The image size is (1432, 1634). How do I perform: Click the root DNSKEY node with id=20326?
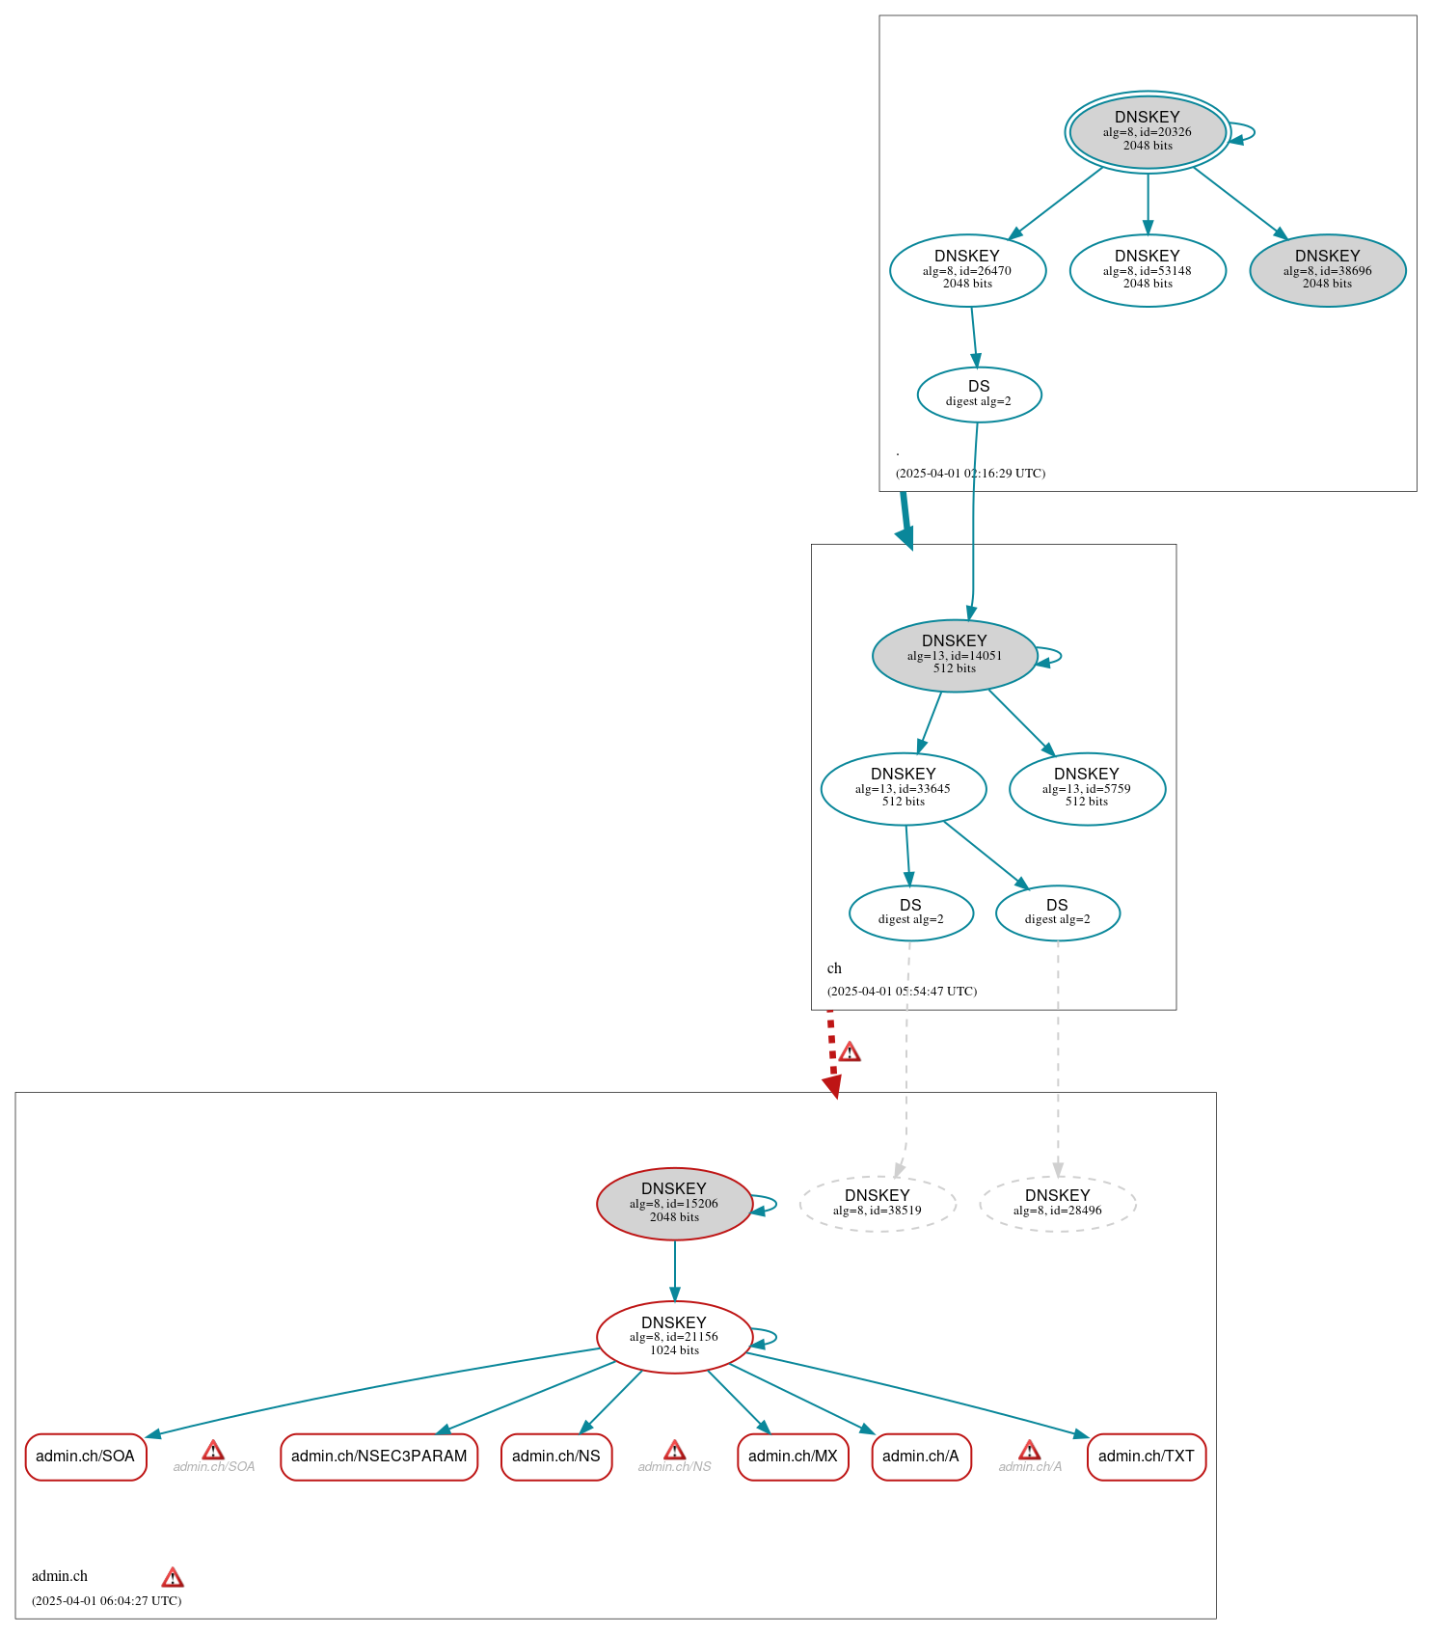point(1147,132)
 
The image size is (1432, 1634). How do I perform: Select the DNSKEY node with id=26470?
point(967,270)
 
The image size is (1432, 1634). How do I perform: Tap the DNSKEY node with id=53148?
point(1147,270)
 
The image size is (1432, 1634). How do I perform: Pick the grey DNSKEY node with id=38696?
point(1327,270)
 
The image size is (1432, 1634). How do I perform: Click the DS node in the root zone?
point(979,394)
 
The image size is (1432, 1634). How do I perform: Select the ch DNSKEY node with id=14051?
point(954,655)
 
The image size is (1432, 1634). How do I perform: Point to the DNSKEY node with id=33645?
point(903,788)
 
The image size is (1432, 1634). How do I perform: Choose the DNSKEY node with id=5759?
point(1087,788)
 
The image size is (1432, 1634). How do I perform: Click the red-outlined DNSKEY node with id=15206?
point(674,1203)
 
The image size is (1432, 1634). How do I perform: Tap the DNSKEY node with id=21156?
point(674,1336)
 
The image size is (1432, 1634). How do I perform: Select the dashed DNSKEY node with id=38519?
point(877,1203)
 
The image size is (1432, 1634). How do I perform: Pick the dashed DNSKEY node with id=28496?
point(1057,1203)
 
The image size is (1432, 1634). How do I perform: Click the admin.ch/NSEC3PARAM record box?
point(379,1456)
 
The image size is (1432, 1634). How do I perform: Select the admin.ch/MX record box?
point(793,1456)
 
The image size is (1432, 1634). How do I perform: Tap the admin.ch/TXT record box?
point(1146,1456)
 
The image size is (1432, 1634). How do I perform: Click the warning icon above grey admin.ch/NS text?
point(674,1450)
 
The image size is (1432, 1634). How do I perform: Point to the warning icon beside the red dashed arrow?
point(849,1051)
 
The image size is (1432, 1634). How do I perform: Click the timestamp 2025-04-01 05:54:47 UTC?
point(902,991)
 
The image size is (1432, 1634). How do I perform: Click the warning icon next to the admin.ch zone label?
point(173,1577)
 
